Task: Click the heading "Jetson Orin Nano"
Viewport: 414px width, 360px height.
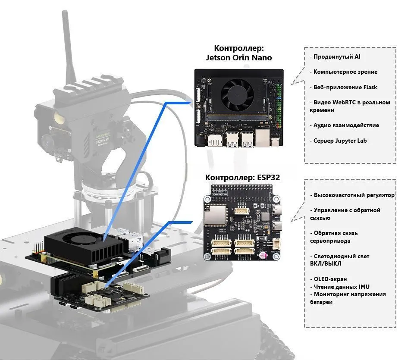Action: [238, 57]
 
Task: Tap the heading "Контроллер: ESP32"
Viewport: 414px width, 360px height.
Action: [242, 177]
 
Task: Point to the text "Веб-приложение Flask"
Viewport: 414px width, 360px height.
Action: [345, 87]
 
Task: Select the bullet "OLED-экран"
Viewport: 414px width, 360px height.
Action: [329, 279]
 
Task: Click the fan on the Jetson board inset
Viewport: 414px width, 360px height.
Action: [237, 94]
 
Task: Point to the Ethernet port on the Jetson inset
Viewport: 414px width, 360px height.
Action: [263, 138]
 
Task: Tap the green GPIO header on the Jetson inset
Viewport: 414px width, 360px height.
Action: [279, 105]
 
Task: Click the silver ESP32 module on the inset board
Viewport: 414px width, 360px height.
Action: [215, 215]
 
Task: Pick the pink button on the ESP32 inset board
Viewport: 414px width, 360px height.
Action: [263, 255]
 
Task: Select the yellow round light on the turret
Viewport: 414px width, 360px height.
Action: [59, 118]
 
